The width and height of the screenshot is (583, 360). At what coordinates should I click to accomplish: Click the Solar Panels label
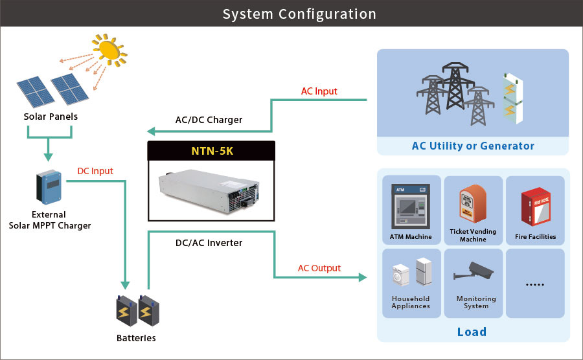51,117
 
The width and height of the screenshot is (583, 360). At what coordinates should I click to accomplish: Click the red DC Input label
95,172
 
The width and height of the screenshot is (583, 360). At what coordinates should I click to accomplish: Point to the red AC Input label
319,91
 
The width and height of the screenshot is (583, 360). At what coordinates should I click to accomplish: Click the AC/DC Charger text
209,120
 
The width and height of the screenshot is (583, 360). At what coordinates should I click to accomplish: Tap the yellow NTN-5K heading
211,151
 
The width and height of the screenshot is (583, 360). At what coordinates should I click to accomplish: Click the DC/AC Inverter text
209,243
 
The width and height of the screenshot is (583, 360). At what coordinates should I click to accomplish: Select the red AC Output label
319,268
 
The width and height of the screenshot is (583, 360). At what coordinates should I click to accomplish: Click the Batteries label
136,338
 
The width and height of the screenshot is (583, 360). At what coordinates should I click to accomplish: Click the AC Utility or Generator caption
473,146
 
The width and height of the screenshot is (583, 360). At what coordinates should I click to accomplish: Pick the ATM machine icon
411,205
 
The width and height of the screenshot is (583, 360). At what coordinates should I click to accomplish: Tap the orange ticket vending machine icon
472,204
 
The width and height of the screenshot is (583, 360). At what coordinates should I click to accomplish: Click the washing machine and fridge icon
411,275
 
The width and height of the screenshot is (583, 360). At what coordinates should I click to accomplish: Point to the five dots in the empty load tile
534,284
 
